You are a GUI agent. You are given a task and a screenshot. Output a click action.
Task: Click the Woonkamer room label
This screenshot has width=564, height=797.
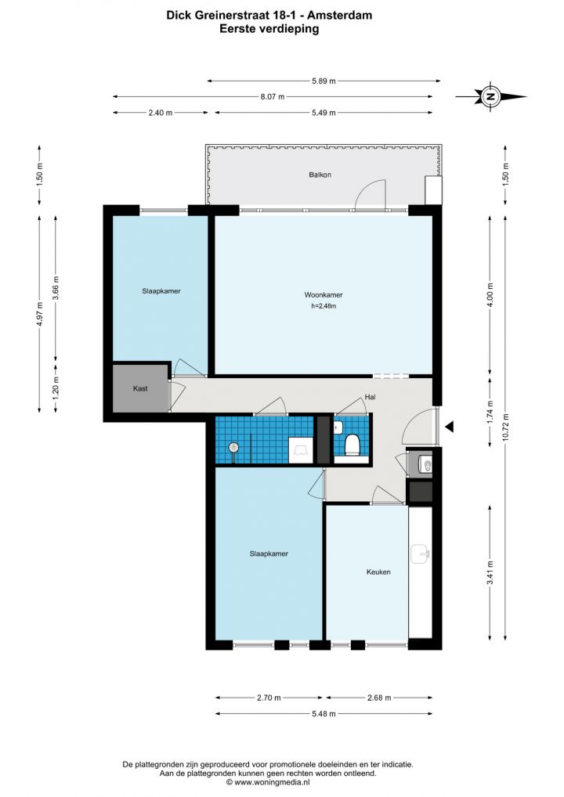324,295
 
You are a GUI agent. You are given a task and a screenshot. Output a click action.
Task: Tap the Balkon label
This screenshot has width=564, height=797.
320,175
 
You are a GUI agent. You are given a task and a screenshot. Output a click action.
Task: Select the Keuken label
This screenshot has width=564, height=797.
378,572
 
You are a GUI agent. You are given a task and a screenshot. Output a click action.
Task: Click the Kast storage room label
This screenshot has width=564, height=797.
140,388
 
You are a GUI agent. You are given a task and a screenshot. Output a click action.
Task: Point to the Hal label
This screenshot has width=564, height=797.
371,397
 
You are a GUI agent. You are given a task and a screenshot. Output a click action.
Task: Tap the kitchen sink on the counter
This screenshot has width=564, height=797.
420,554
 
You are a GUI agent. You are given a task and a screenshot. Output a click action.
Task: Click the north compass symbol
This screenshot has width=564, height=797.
490,96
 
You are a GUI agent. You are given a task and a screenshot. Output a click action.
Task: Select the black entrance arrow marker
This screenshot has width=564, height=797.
449,427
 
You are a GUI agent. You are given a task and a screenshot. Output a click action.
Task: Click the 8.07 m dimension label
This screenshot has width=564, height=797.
272,96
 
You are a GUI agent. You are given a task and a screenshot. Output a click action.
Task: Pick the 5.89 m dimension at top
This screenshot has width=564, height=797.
324,81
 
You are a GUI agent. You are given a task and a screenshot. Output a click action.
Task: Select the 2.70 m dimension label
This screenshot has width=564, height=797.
269,698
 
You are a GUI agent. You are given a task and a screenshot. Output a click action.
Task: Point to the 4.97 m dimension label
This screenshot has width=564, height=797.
40,314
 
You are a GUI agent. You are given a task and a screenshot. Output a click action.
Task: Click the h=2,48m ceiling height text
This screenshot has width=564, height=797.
324,306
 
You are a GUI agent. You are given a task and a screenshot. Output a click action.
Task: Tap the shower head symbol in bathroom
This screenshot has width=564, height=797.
233,448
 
